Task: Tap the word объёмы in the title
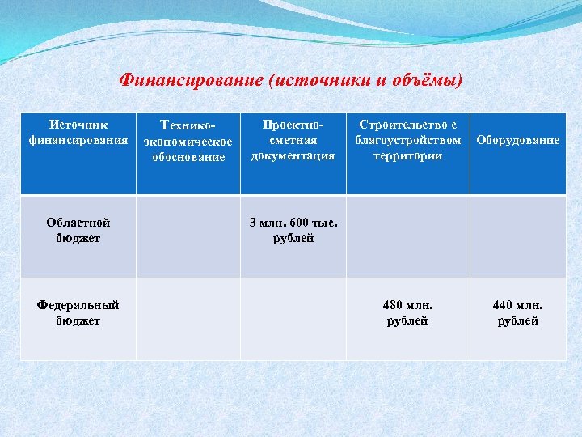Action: [429, 81]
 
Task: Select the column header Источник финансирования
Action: [78, 133]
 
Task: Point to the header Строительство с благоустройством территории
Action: [407, 140]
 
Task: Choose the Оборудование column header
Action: [517, 140]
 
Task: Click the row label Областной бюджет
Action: [78, 230]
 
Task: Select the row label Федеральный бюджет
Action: [78, 312]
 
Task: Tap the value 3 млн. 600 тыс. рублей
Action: [293, 230]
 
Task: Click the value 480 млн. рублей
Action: [407, 312]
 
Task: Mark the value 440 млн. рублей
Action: [517, 312]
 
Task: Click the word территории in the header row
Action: [407, 155]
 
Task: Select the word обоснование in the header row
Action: [188, 157]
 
